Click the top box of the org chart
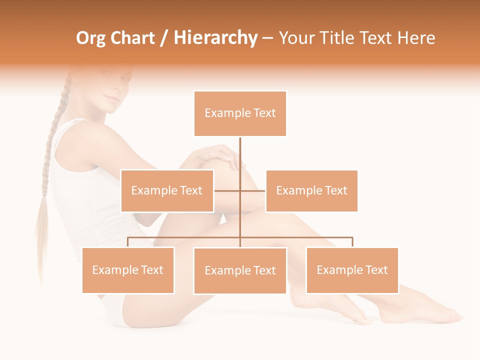[240, 113]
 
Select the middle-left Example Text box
[167, 190]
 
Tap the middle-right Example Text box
[311, 190]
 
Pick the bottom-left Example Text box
[128, 270]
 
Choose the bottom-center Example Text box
[240, 270]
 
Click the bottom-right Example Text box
[352, 270]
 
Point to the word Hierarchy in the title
[215, 38]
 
